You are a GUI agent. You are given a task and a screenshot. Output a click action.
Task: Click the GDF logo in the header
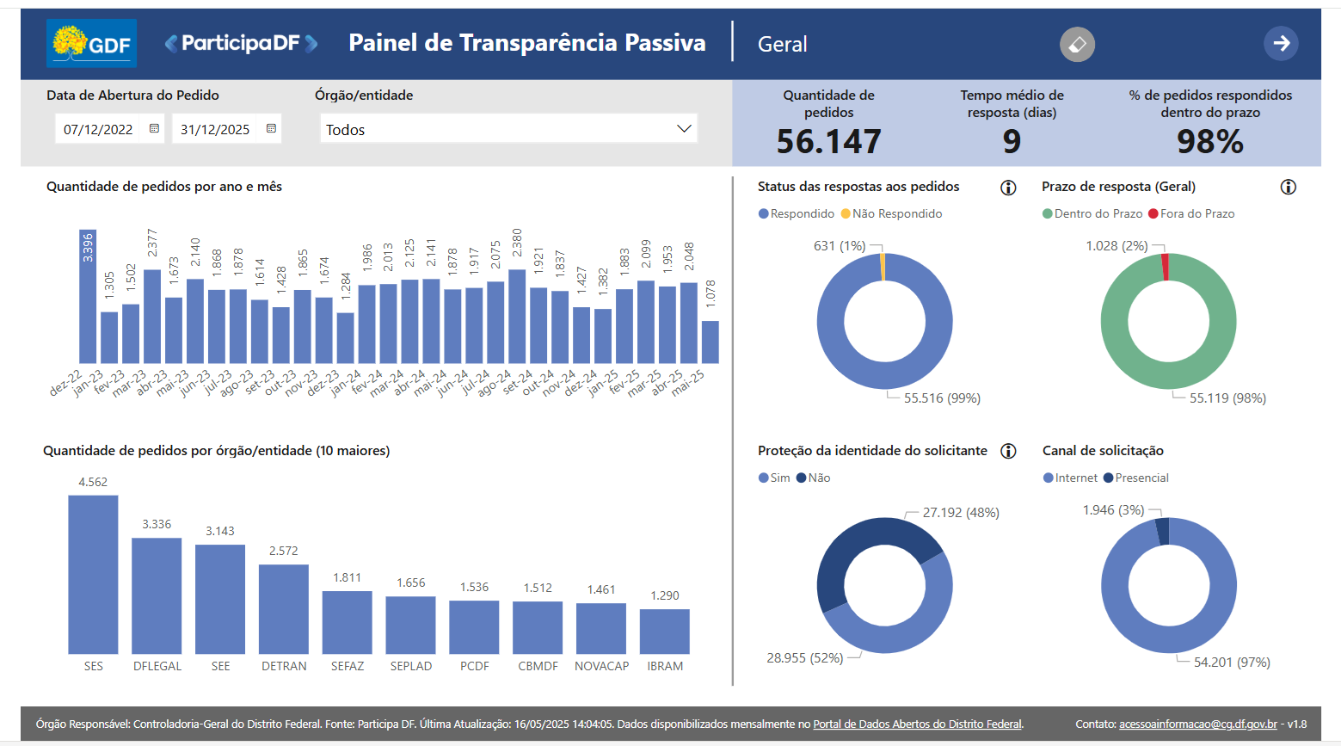tap(91, 43)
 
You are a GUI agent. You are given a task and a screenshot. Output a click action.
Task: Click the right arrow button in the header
tap(1281, 43)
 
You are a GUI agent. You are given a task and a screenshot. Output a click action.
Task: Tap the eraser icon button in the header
tap(1077, 44)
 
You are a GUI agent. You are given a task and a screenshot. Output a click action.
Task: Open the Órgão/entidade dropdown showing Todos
tap(508, 129)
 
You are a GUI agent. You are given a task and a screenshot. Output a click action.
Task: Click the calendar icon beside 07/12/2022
tap(154, 129)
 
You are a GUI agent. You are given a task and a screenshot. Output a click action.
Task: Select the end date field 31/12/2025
tap(215, 129)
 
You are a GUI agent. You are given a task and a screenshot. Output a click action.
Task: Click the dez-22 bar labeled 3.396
tap(88, 296)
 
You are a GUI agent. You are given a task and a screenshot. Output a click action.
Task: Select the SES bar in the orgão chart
tap(93, 574)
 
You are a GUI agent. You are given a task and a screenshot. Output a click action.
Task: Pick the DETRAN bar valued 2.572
tap(284, 609)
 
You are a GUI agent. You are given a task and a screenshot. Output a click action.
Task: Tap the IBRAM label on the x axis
tap(665, 666)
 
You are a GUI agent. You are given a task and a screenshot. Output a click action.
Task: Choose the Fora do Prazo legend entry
tap(1191, 213)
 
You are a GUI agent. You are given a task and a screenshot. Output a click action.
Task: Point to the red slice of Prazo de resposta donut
tap(1165, 267)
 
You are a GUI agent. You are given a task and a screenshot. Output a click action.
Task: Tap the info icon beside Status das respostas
tap(1008, 188)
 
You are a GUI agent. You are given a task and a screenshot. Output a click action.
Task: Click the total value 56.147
tap(828, 142)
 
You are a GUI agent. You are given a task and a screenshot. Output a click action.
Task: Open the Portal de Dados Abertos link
tap(917, 724)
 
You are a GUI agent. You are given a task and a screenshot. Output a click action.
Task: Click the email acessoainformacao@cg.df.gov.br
tap(1198, 724)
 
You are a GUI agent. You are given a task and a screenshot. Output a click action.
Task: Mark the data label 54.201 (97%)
tap(1232, 663)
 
